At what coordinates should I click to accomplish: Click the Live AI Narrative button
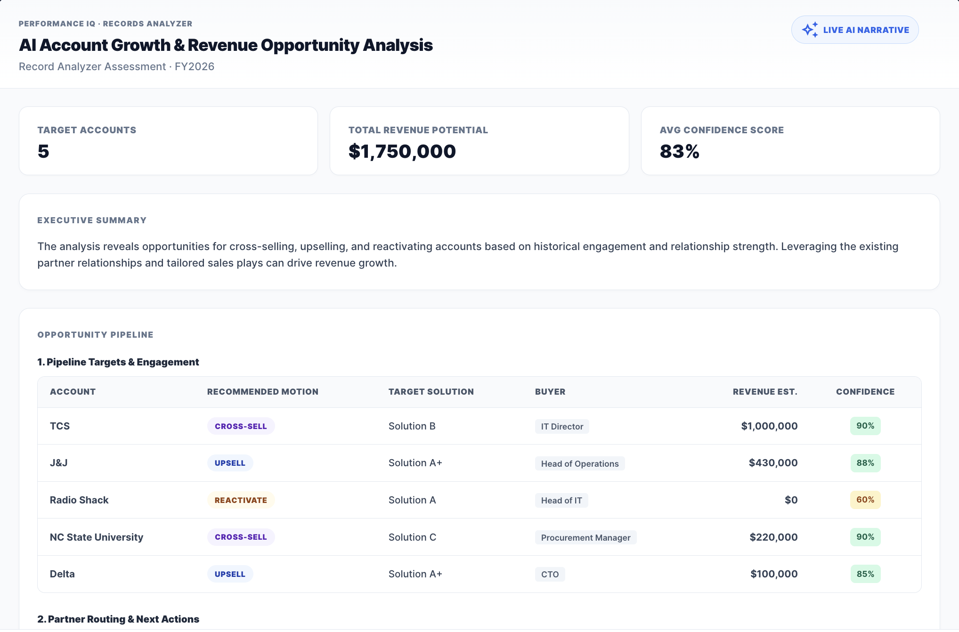tap(855, 30)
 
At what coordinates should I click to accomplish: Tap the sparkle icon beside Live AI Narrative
tap(810, 30)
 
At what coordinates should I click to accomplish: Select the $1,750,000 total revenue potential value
tap(402, 151)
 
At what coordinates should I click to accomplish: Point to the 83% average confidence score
tap(679, 151)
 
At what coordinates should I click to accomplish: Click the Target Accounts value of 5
tap(43, 151)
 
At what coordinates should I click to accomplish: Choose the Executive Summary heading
tap(92, 220)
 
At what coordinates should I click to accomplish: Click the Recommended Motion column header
tap(263, 392)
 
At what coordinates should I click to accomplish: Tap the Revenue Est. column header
tap(765, 392)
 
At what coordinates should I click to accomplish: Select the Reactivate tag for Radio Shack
tap(241, 500)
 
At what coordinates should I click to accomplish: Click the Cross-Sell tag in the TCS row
tap(241, 426)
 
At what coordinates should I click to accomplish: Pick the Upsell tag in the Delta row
tap(230, 574)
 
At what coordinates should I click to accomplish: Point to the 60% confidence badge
tap(865, 500)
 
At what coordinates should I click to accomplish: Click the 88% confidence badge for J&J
tap(865, 463)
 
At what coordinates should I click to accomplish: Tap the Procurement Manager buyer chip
tap(585, 537)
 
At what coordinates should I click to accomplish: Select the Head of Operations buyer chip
tap(580, 463)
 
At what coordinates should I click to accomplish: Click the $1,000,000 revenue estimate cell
tap(769, 426)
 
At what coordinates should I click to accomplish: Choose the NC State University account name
tap(97, 537)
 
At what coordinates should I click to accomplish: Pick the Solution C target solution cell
tap(412, 537)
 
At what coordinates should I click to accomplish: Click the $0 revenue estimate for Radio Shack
tap(791, 500)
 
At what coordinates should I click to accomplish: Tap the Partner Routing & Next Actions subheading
tap(118, 619)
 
